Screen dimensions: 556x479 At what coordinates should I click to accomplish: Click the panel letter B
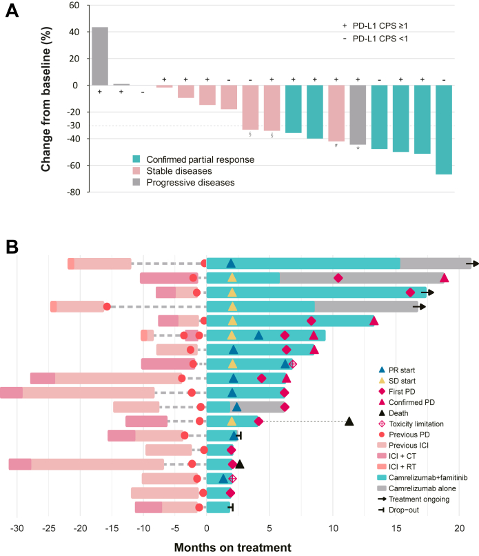click(12, 246)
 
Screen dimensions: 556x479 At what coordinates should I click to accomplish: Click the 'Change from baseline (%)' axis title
click(48, 98)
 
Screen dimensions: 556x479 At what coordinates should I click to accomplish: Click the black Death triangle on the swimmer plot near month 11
click(349, 421)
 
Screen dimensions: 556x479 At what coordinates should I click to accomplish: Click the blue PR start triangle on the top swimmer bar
click(232, 263)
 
